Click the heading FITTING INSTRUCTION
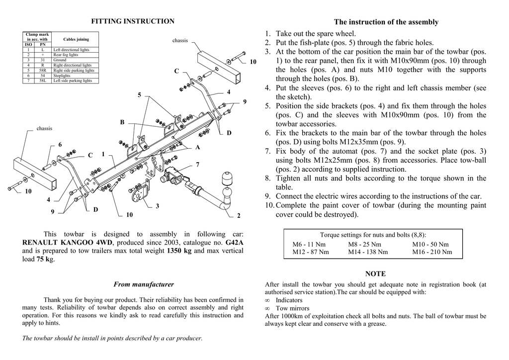[x=133, y=21]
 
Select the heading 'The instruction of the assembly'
[x=386, y=22]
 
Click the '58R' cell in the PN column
[x=43, y=71]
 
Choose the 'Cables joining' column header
[x=77, y=39]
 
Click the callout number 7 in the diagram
[x=197, y=164]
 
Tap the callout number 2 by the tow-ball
[x=239, y=215]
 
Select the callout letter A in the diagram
[x=197, y=148]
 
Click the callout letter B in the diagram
[x=122, y=122]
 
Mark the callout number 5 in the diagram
[x=140, y=95]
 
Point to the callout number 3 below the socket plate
[x=157, y=206]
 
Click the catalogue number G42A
[x=235, y=243]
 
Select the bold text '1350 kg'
[x=179, y=251]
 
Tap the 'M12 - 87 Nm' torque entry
[x=311, y=252]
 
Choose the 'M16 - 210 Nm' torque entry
[x=432, y=252]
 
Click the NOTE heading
[x=375, y=274]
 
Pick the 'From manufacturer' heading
[x=144, y=284]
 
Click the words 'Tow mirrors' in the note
[x=292, y=308]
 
